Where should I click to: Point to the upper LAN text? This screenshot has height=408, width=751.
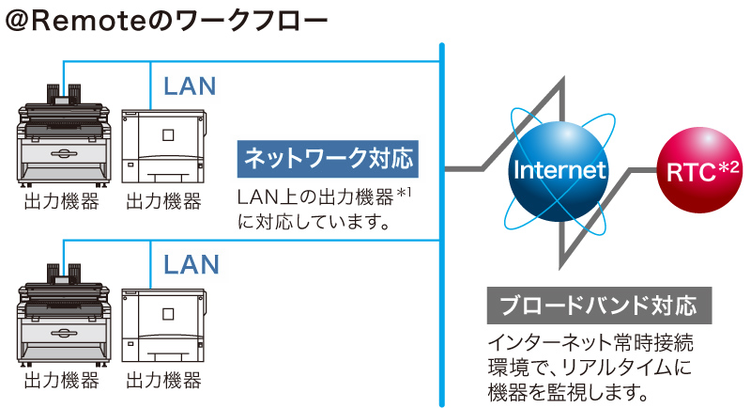point(190,86)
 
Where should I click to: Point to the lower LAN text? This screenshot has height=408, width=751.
point(190,264)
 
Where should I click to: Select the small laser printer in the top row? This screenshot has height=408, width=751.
point(162,140)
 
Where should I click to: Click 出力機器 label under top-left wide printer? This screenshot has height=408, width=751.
point(61,201)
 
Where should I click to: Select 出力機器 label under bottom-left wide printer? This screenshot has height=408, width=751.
point(61,381)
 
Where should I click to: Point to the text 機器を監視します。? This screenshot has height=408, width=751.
point(569,388)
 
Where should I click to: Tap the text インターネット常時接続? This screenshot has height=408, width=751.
point(591,341)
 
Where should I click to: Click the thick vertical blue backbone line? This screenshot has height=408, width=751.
point(441,226)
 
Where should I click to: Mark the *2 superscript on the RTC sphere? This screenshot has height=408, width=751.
point(728,165)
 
